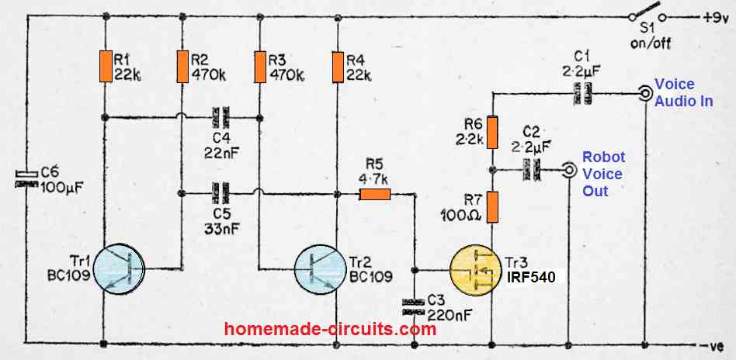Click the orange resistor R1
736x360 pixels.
pos(106,67)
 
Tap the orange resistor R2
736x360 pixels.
pos(183,67)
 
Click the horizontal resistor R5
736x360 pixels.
pos(374,194)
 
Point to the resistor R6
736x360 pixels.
pos(492,133)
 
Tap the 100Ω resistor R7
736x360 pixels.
pos(492,207)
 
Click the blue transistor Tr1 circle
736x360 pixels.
pos(120,269)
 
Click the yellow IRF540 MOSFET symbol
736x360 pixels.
pos(476,269)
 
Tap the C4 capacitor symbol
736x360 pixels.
pos(221,117)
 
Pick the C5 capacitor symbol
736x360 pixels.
pos(221,193)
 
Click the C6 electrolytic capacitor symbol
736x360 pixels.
pos(26,179)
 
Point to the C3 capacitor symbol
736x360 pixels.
pos(415,306)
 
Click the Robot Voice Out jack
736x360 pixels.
pos(569,169)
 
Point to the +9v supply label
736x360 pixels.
pos(714,19)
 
